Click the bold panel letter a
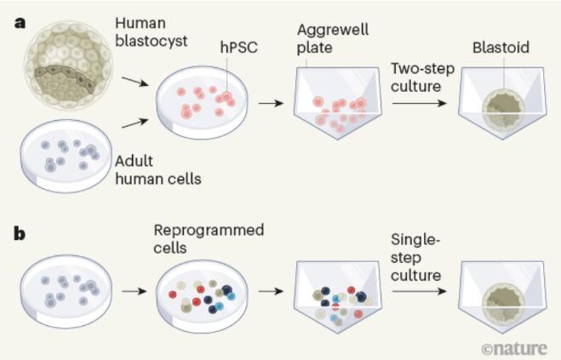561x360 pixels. [20, 23]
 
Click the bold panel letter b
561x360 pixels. [20, 234]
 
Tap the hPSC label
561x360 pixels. [238, 48]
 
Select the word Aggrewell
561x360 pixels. [333, 31]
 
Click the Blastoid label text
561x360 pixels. [501, 48]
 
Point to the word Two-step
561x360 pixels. [422, 69]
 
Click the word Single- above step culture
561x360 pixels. [415, 239]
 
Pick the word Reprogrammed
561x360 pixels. [209, 231]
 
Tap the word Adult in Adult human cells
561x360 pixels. [134, 161]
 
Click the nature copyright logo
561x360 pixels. [514, 348]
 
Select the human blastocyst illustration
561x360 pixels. [68, 65]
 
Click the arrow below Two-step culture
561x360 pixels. [420, 104]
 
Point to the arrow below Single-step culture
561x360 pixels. [420, 291]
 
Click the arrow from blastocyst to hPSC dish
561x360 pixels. [135, 81]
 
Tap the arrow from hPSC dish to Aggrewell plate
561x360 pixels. [271, 104]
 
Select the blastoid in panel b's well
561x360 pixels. [503, 304]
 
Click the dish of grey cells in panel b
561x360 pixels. [66, 291]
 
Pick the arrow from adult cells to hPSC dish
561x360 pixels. [135, 123]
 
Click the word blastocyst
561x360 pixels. [152, 41]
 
